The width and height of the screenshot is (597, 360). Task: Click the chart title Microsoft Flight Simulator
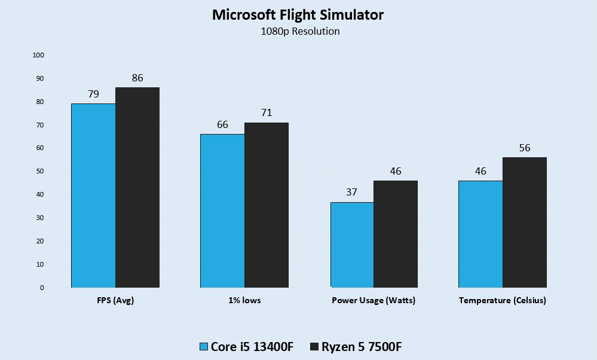coord(298,16)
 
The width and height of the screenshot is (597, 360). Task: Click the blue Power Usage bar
coord(352,245)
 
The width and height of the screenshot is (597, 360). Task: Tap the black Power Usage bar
coord(396,234)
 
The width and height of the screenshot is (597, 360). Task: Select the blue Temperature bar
coord(480,234)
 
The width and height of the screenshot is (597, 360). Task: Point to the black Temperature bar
coord(525,222)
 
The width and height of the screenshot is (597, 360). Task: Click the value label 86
coord(137,78)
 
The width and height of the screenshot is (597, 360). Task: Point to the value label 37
coord(352,193)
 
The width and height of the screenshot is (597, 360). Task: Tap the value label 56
coord(525,148)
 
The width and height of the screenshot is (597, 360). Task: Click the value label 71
coord(267,113)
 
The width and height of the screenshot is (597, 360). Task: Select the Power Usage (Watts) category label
coord(373,301)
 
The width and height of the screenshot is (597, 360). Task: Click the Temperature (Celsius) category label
coord(502,301)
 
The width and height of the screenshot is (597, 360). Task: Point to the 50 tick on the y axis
coord(40,172)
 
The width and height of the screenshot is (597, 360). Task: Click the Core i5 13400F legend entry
coord(246,347)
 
